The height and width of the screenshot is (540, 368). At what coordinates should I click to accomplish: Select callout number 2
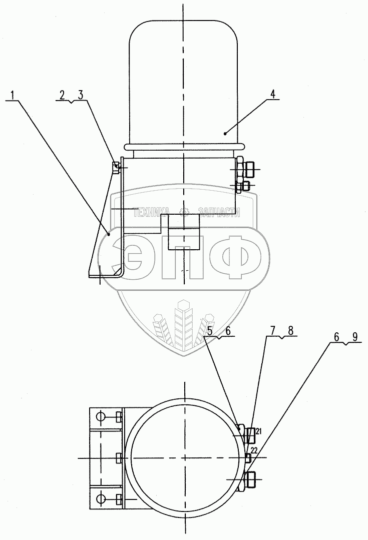(62, 95)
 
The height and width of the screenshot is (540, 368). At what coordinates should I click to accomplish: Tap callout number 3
(80, 95)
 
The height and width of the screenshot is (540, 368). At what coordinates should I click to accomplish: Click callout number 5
(210, 331)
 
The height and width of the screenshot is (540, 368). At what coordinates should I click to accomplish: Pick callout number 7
(273, 331)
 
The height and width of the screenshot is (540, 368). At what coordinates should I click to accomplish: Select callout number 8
(290, 331)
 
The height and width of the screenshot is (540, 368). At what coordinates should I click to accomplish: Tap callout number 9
(354, 337)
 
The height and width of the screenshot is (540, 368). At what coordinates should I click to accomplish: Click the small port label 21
(259, 431)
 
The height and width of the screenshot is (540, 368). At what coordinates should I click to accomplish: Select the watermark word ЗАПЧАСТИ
(219, 212)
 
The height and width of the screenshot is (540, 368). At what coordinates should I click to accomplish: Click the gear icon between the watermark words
(184, 212)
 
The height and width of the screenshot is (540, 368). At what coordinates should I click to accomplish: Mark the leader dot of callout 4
(226, 134)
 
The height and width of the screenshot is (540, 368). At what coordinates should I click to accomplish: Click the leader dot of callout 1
(108, 233)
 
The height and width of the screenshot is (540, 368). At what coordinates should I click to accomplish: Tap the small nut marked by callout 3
(116, 167)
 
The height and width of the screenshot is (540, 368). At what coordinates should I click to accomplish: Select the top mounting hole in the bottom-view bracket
(100, 416)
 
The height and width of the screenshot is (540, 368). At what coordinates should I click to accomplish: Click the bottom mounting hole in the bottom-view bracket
(100, 498)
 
